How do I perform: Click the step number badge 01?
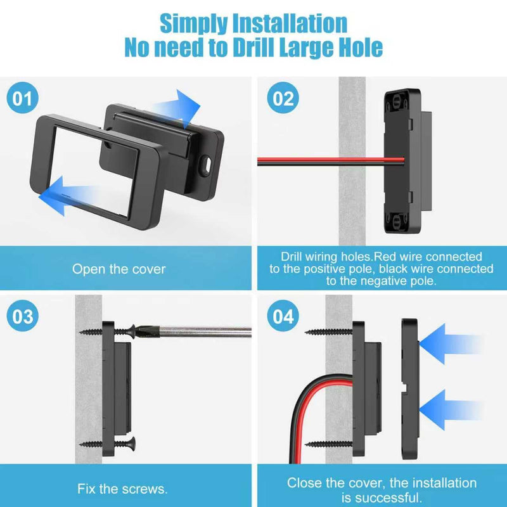pyautogui.click(x=22, y=98)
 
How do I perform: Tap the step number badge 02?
pyautogui.click(x=283, y=98)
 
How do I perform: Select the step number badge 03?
pyautogui.click(x=22, y=316)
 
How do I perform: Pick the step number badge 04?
pyautogui.click(x=283, y=316)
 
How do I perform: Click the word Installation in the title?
pyautogui.click(x=290, y=23)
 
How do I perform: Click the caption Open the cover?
pyautogui.click(x=119, y=269)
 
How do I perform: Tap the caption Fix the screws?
pyautogui.click(x=122, y=489)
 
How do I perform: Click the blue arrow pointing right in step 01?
pyautogui.click(x=176, y=108)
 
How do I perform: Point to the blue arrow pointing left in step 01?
pyautogui.click(x=68, y=195)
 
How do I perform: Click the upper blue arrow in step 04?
pyautogui.click(x=451, y=343)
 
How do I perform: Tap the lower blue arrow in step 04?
pyautogui.click(x=451, y=409)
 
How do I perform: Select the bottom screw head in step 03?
pyautogui.click(x=132, y=444)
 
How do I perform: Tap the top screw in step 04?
pyautogui.click(x=328, y=331)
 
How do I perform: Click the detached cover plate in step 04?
pyautogui.click(x=410, y=388)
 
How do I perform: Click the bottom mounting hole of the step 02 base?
pyautogui.click(x=397, y=221)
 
